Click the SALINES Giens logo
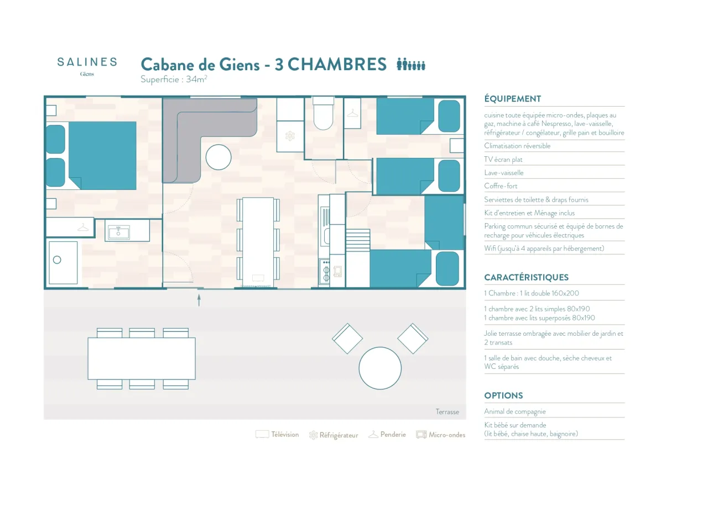(87, 66)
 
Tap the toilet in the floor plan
(323, 113)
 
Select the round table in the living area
(218, 157)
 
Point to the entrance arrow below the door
(199, 300)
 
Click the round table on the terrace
(380, 368)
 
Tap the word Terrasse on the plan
(447, 411)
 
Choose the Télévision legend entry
(277, 435)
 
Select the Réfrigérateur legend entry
(334, 435)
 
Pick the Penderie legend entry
(387, 435)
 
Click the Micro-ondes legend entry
(441, 435)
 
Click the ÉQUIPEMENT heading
(513, 99)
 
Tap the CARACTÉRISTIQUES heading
(526, 277)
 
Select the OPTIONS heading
(503, 395)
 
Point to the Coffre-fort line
(501, 186)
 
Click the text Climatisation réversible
(517, 146)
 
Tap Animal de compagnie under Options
(515, 411)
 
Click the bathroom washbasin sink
(118, 233)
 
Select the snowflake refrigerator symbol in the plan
(290, 136)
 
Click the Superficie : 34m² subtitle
(174, 79)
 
